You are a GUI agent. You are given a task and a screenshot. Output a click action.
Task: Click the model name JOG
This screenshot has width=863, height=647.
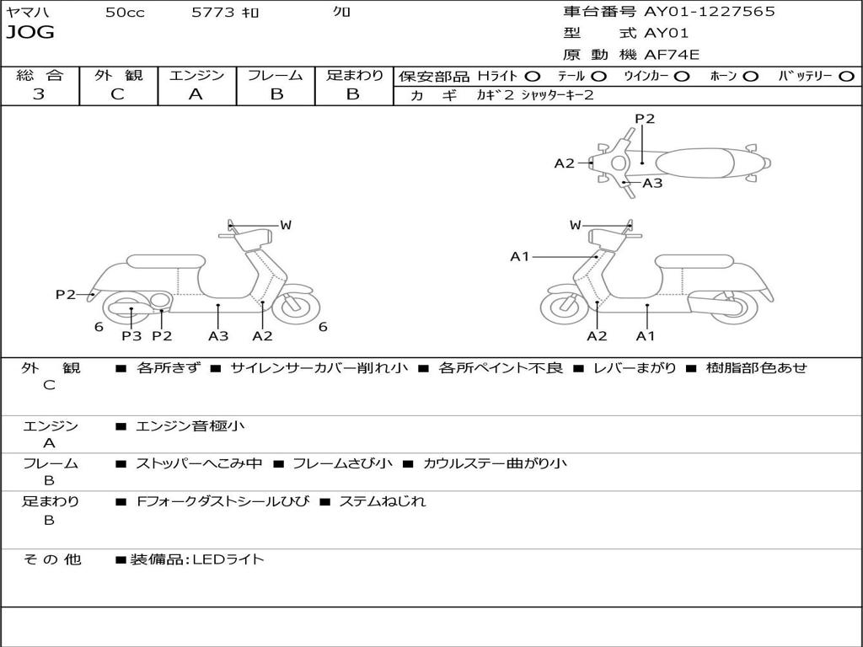coord(30,33)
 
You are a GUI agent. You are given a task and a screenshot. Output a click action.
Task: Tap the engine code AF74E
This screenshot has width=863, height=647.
coord(672,55)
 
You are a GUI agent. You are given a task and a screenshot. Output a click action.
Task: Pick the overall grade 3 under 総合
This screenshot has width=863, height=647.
coord(39,94)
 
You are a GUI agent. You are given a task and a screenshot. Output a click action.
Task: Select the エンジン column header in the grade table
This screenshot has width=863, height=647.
coord(196,76)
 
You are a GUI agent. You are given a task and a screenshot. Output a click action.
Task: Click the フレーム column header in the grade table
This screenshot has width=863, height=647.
coord(275,76)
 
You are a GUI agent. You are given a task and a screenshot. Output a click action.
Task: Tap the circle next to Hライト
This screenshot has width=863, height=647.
coord(533,77)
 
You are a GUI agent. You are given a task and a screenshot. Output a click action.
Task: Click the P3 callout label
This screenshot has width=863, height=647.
coord(131,335)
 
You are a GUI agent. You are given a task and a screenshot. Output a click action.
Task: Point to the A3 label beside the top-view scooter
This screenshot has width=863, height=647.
coord(652,183)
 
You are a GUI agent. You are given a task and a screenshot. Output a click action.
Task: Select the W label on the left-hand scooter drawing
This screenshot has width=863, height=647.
coord(285,225)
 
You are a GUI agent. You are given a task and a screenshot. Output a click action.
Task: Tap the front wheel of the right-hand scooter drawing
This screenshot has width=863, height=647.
coord(564,307)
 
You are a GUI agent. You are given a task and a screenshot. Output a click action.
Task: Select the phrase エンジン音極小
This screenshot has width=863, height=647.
coord(190,426)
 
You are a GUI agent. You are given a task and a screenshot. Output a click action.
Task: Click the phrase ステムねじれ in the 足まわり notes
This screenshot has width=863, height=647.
coord(382,501)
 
